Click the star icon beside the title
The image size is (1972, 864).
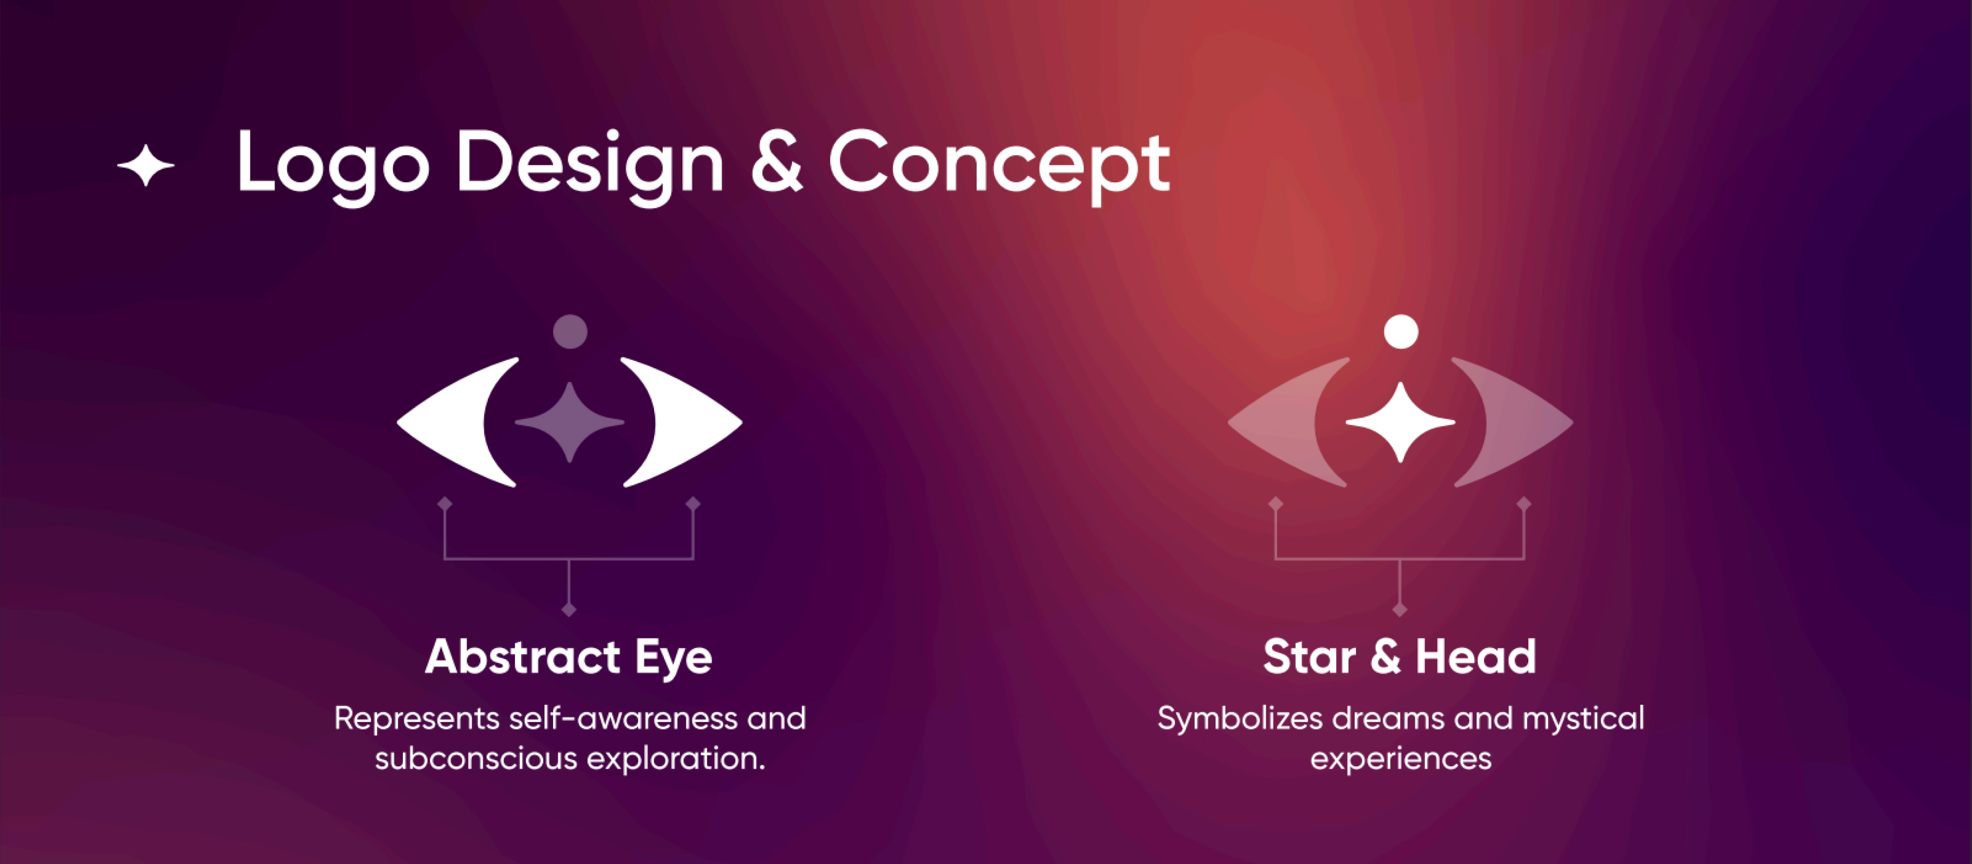[146, 165]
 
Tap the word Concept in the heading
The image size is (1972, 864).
[999, 165]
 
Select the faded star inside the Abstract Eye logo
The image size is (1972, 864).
[570, 422]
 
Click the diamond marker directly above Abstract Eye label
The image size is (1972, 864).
[569, 610]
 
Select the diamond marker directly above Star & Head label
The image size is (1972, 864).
[1400, 610]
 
